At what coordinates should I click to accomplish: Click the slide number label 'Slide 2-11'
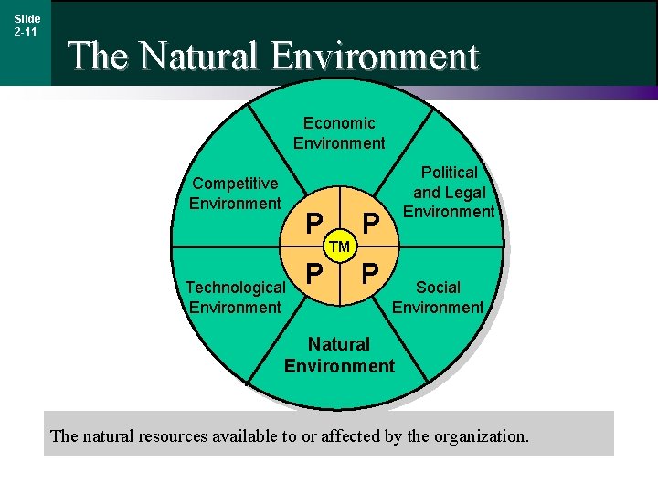click(26, 25)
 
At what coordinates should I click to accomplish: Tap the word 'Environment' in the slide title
click(375, 56)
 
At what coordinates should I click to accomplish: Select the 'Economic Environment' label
click(339, 132)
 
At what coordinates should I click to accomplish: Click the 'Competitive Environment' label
click(235, 194)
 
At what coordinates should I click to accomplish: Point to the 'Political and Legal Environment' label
click(449, 192)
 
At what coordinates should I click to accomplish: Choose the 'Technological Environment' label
click(235, 298)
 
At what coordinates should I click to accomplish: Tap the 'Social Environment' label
click(438, 298)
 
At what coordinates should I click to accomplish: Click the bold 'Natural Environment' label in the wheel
click(339, 355)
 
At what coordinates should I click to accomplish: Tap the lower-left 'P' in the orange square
click(313, 273)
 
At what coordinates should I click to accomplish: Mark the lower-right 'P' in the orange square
click(370, 273)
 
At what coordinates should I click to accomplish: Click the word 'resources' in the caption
click(173, 436)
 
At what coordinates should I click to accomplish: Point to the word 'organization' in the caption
click(480, 436)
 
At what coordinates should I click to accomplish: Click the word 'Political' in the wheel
click(449, 173)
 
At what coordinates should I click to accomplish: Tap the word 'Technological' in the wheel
click(235, 288)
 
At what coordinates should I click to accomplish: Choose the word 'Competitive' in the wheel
click(235, 184)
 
